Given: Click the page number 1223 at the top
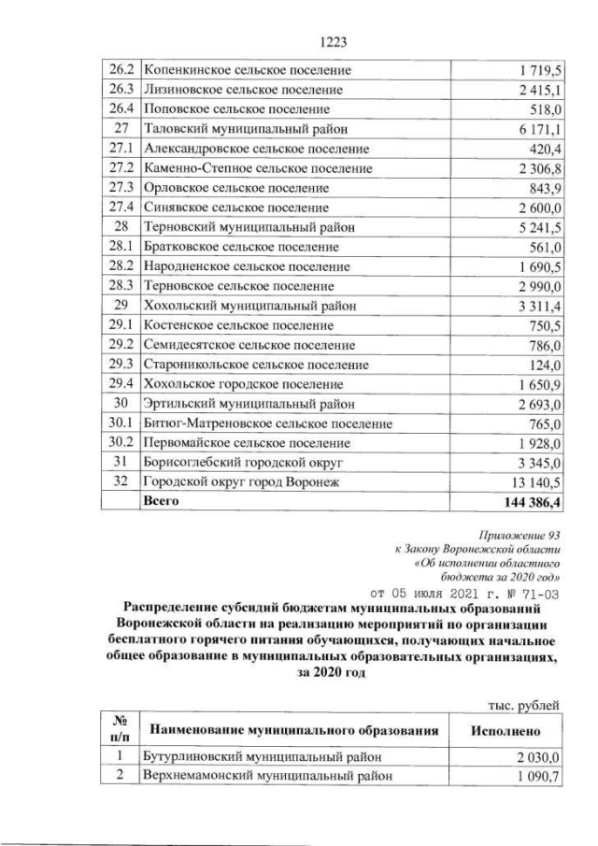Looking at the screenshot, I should [x=334, y=43].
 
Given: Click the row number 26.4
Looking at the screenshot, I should [x=120, y=109].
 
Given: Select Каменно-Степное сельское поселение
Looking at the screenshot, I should [x=258, y=168].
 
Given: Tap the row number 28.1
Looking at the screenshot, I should [x=120, y=246].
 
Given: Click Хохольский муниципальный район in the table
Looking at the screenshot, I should [x=247, y=305].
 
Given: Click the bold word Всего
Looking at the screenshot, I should [x=159, y=501].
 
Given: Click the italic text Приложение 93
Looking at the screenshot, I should [x=518, y=536].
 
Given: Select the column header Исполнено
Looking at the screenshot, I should [x=505, y=728].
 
